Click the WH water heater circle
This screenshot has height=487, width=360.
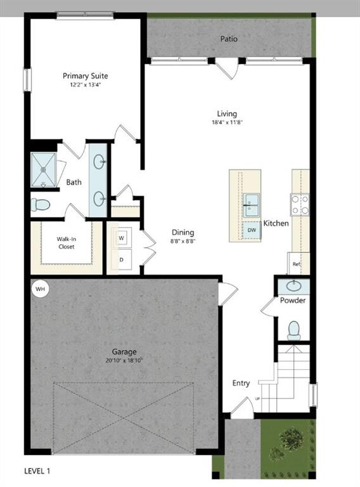point(40,289)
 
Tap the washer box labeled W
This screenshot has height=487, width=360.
point(121,238)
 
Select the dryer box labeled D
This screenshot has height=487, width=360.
point(121,259)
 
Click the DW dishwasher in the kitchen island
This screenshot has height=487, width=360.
point(252,230)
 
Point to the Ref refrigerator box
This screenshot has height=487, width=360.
point(297,263)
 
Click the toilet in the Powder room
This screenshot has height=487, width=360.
point(293,330)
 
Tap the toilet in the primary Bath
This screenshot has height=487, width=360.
point(41,205)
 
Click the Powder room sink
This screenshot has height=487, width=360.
point(293,287)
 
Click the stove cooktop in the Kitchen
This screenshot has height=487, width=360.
point(300,204)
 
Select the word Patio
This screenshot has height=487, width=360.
point(229,39)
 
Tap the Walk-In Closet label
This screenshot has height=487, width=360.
point(67,242)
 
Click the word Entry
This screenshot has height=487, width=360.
point(241,383)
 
